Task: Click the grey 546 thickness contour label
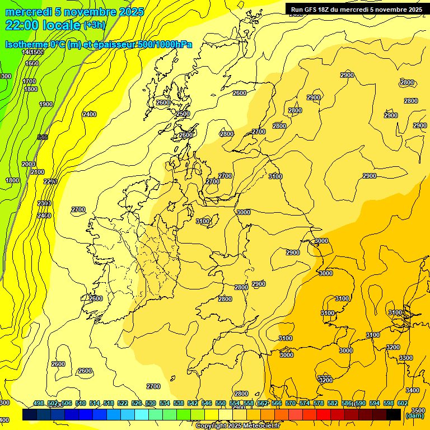coord(43,137)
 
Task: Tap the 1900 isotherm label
coord(46,104)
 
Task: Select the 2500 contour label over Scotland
coord(183,114)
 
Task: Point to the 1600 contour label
coord(32,63)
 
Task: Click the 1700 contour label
coord(29,81)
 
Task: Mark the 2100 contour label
coord(38,172)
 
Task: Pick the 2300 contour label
coord(44,203)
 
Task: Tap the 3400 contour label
coord(412,390)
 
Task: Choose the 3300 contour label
coord(406,358)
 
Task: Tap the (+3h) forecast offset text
coord(94,25)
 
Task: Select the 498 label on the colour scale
coord(39,403)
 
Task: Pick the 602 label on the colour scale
coord(402,403)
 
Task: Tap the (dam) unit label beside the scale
coord(414,415)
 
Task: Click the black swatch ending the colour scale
coord(394,414)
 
